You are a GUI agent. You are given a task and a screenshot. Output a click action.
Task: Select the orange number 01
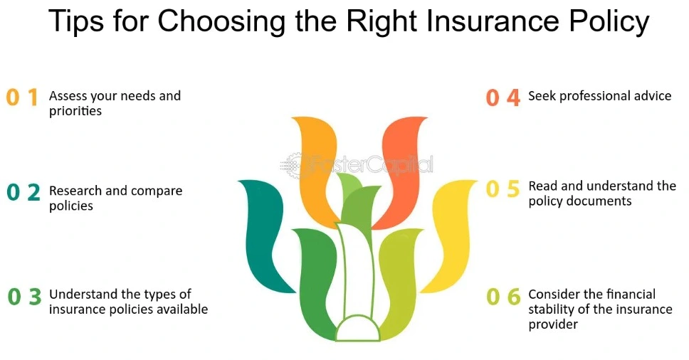pos(22,97)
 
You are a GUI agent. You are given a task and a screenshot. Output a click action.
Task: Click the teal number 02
pos(23,192)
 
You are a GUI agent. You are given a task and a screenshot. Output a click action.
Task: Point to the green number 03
pos(25,297)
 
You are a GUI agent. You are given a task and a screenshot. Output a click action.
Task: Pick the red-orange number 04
pos(503,97)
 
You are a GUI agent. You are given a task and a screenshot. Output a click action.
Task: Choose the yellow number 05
pos(503,189)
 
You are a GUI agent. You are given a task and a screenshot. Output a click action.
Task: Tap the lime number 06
pos(503,297)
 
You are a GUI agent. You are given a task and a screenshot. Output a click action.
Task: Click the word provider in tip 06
pos(553,325)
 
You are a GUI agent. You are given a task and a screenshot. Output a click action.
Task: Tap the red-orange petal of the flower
pos(399,171)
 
